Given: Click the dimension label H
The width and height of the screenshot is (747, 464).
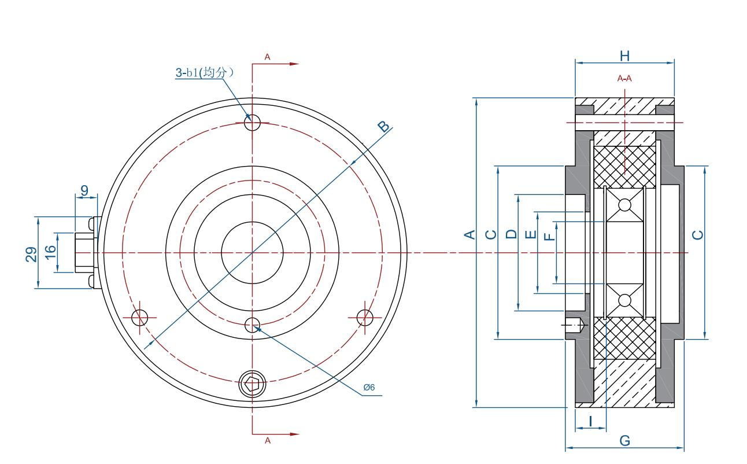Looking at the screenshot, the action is pos(624,56).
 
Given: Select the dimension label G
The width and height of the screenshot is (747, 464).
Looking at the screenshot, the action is pos(624,441).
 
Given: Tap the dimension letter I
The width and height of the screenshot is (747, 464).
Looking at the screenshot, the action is pos(590,422).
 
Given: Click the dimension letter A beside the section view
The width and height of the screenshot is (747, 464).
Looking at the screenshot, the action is pos(470,235).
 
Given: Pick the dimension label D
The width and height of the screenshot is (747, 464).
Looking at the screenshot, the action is pos(511,234).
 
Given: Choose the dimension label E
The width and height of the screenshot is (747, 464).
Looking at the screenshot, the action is pos(531,235).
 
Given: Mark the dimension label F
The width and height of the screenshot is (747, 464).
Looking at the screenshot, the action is pos(549,237).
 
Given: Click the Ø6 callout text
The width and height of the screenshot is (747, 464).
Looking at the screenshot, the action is pos(369,387).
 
